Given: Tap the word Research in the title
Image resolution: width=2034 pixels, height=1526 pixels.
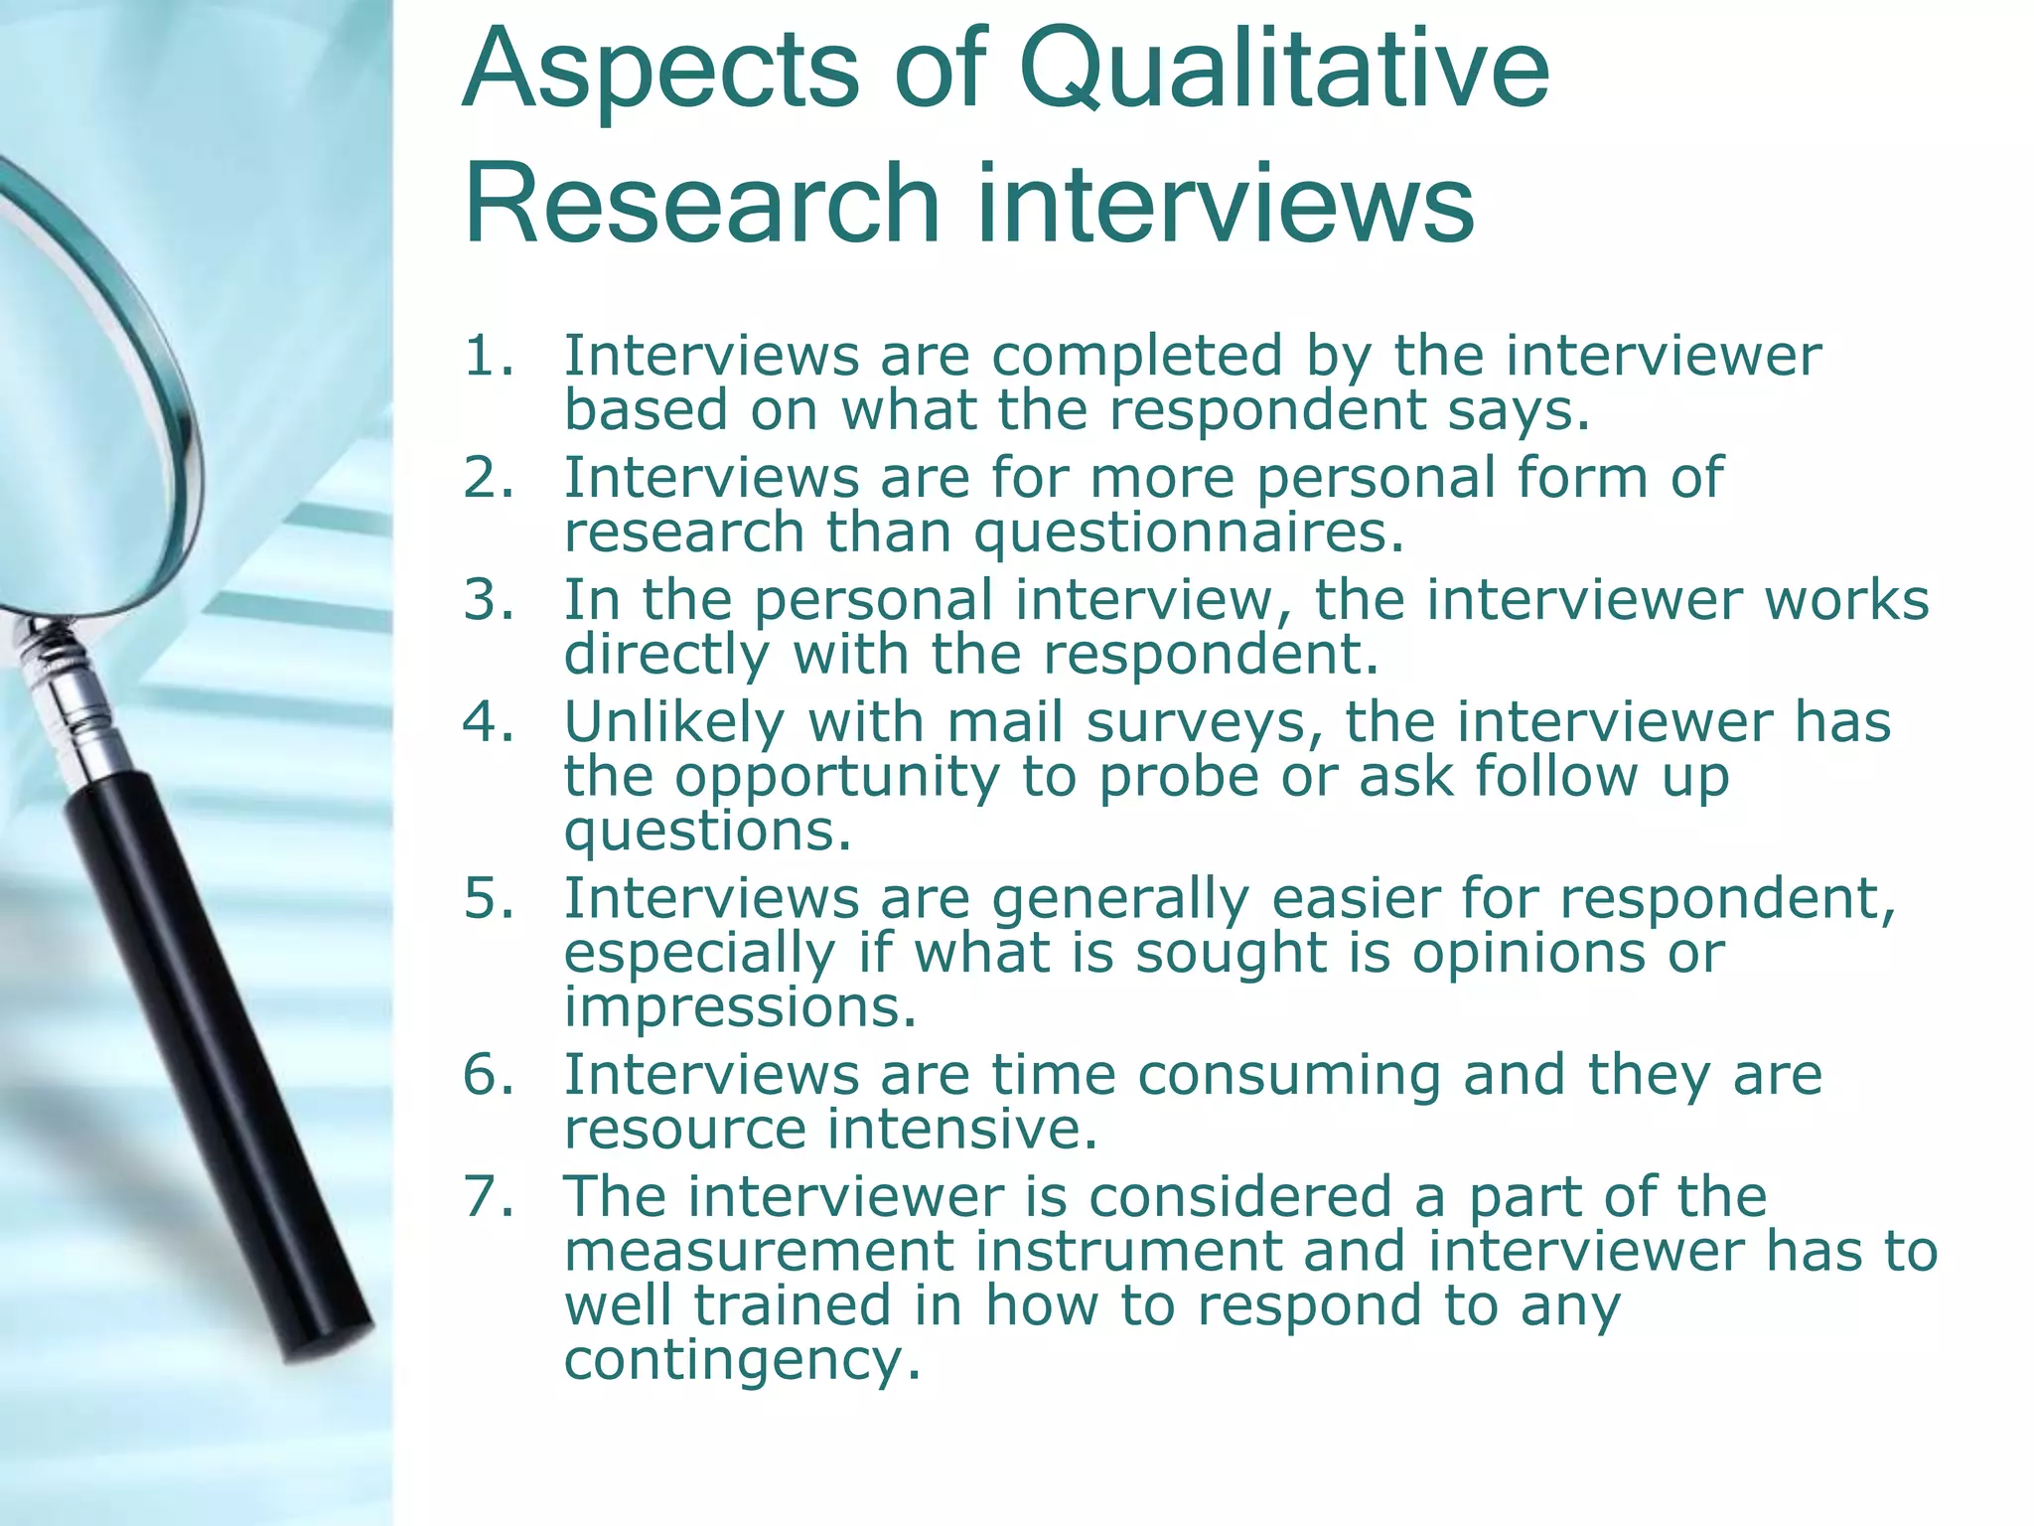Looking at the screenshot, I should [x=701, y=204].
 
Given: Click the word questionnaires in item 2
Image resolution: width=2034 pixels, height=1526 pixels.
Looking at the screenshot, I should [x=1189, y=534].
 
